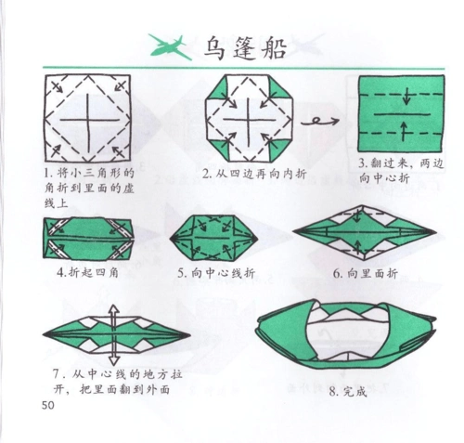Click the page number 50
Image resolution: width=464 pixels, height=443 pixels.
49,405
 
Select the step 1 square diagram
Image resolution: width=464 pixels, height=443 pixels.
89,118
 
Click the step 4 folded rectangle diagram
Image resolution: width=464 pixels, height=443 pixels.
89,238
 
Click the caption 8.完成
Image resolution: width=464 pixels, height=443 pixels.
348,391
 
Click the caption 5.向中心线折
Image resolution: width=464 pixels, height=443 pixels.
217,273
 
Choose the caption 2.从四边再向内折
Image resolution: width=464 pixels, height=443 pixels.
254,173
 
